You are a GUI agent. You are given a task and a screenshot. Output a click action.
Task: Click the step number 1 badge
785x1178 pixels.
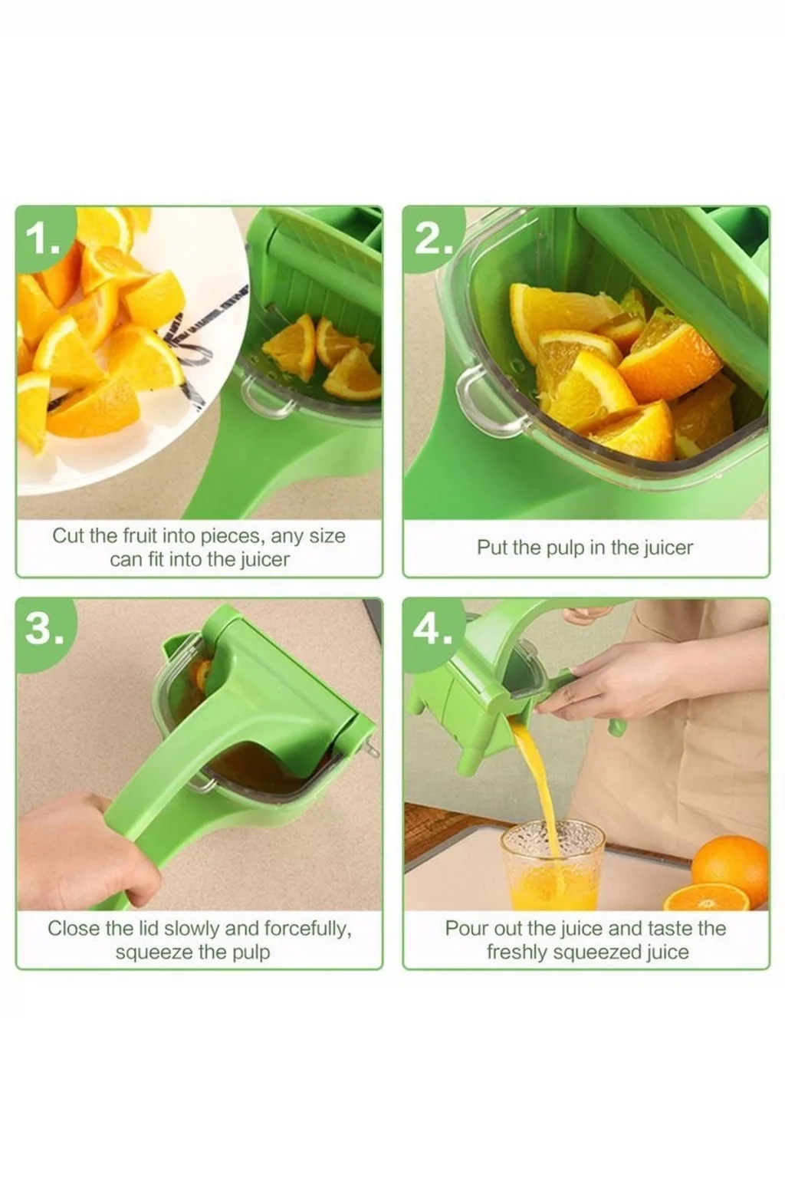[x=44, y=239]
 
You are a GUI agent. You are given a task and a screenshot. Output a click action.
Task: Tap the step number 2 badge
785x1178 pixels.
[x=432, y=240]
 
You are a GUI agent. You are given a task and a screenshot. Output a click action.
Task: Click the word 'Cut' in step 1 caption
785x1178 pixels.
[x=68, y=536]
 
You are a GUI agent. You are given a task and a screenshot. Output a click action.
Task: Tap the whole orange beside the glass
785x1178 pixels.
[x=730, y=864]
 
